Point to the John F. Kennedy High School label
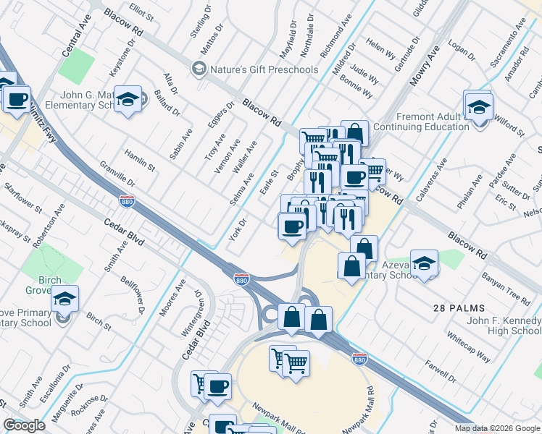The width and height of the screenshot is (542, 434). pyautogui.click(x=504, y=325)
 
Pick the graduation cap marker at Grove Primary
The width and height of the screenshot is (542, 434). pyautogui.click(x=64, y=299)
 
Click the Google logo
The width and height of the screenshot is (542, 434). pyautogui.click(x=24, y=425)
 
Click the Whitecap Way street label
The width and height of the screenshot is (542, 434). pyautogui.click(x=469, y=348)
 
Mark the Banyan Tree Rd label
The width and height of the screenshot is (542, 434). pyautogui.click(x=509, y=289)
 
